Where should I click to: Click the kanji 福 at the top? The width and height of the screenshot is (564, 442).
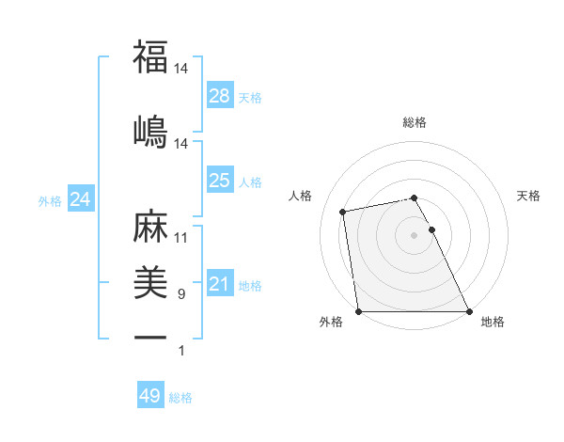pyautogui.click(x=150, y=57)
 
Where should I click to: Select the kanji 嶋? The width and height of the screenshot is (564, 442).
pyautogui.click(x=150, y=131)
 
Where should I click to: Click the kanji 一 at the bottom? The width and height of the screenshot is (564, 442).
pyautogui.click(x=150, y=337)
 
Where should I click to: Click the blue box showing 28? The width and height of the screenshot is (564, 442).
pyautogui.click(x=219, y=96)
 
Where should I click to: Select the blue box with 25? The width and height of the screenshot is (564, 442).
pyautogui.click(x=219, y=181)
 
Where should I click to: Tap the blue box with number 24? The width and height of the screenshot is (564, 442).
pyautogui.click(x=81, y=199)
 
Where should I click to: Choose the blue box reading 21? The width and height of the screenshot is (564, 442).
pyautogui.click(x=219, y=284)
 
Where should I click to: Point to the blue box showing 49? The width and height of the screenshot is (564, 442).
pyautogui.click(x=150, y=396)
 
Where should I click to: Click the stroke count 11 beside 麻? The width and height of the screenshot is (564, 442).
pyautogui.click(x=181, y=238)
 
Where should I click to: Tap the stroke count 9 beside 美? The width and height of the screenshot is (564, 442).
pyautogui.click(x=181, y=294)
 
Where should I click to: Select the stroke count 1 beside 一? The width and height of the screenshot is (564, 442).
pyautogui.click(x=182, y=351)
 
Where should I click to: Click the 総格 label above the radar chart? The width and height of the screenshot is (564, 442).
pyautogui.click(x=415, y=122)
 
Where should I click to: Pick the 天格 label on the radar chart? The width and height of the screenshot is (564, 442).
pyautogui.click(x=529, y=196)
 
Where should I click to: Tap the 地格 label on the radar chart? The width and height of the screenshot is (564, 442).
pyautogui.click(x=493, y=322)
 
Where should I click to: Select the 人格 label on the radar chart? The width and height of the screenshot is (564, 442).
pyautogui.click(x=301, y=196)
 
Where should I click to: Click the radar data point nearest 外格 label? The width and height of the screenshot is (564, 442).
pyautogui.click(x=358, y=311)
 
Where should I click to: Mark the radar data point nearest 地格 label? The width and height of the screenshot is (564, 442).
pyautogui.click(x=469, y=311)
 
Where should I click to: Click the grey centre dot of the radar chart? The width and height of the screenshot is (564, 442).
pyautogui.click(x=414, y=234)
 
